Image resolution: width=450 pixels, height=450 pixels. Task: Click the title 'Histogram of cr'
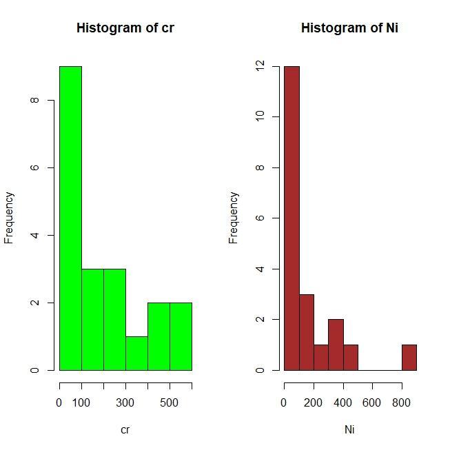pyautogui.click(x=125, y=28)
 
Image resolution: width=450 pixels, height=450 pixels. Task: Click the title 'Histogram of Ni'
pyautogui.click(x=349, y=28)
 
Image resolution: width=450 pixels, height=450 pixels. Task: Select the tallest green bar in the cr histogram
pyautogui.click(x=70, y=218)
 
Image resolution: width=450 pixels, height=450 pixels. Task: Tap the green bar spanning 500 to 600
pyautogui.click(x=181, y=336)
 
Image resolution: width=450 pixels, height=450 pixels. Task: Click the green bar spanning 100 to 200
pyautogui.click(x=92, y=319)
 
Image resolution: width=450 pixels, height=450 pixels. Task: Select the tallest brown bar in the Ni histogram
pyautogui.click(x=292, y=218)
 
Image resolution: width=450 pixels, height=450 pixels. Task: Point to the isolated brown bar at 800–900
pyautogui.click(x=409, y=358)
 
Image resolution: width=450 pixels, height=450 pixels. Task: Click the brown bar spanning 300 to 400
pyautogui.click(x=336, y=345)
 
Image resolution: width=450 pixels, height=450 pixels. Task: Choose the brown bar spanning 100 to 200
pyautogui.click(x=306, y=332)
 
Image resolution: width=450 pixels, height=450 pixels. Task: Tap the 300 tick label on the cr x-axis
pyautogui.click(x=125, y=403)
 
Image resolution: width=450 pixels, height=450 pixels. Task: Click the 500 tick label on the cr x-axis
pyautogui.click(x=170, y=403)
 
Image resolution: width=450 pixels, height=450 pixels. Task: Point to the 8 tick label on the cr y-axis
pyautogui.click(x=34, y=101)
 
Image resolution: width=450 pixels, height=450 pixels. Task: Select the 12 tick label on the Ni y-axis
pyautogui.click(x=258, y=66)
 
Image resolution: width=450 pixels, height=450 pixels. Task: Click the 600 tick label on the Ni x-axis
pyautogui.click(x=372, y=403)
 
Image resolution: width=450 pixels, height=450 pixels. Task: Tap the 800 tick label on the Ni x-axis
pyautogui.click(x=402, y=403)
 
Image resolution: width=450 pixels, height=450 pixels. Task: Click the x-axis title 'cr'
pyautogui.click(x=125, y=430)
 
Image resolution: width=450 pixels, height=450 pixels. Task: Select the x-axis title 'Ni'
pyautogui.click(x=349, y=430)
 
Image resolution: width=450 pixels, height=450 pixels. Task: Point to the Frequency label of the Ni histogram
pyautogui.click(x=234, y=218)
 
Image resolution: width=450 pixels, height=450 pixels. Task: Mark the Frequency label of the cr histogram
pyautogui.click(x=9, y=218)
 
